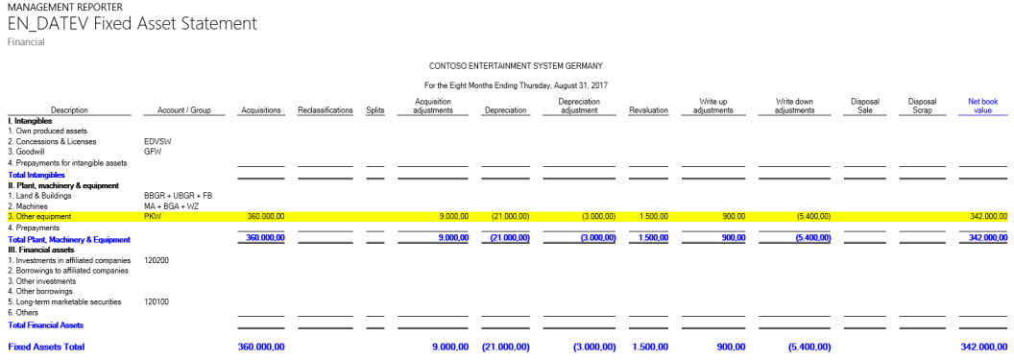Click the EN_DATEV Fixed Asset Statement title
click(132, 23)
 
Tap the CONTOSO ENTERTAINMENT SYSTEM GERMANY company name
click(516, 66)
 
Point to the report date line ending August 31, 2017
click(516, 85)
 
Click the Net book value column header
click(982, 105)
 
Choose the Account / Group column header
click(183, 110)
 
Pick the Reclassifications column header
click(326, 110)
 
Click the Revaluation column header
click(648, 110)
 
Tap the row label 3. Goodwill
click(30, 152)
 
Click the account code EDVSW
click(157, 141)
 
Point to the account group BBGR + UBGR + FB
click(178, 195)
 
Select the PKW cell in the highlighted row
click(152, 217)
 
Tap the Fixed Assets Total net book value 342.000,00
click(983, 346)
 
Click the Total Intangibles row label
click(36, 176)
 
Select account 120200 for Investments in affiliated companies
click(157, 259)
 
